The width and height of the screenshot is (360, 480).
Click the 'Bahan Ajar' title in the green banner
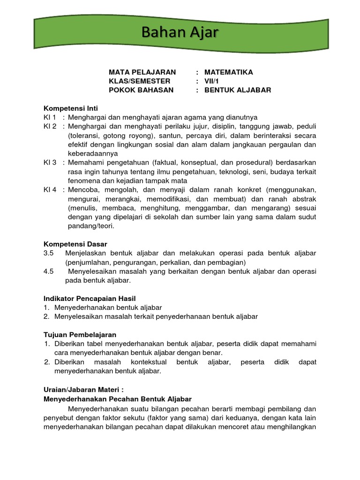pos(180,33)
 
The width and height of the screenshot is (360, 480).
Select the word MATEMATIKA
pos(228,72)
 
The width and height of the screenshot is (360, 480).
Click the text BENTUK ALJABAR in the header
pos(238,90)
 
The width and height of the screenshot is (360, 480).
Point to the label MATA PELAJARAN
pos(142,72)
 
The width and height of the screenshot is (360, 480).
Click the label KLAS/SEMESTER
pos(140,81)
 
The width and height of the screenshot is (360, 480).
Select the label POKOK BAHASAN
pos(141,90)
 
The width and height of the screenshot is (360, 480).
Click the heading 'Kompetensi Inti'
pos(70,108)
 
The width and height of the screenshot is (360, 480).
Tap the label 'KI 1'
pos(50,117)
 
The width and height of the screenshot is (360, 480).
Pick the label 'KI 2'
pos(50,127)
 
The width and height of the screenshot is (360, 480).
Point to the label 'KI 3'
pos(50,163)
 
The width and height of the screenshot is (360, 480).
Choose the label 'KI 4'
pos(50,190)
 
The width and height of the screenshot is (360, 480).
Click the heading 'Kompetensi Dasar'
pos(75,244)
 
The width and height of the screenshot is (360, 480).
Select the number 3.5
pos(49,253)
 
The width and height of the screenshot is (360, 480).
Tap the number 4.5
pos(49,271)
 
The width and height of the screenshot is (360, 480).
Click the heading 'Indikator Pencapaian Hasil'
pos(90,299)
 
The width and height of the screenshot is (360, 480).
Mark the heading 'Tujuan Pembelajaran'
pos(80,335)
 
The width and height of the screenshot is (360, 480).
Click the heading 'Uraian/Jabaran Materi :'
pos(83,390)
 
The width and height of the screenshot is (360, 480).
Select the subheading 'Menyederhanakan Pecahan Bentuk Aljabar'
pos(118,399)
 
